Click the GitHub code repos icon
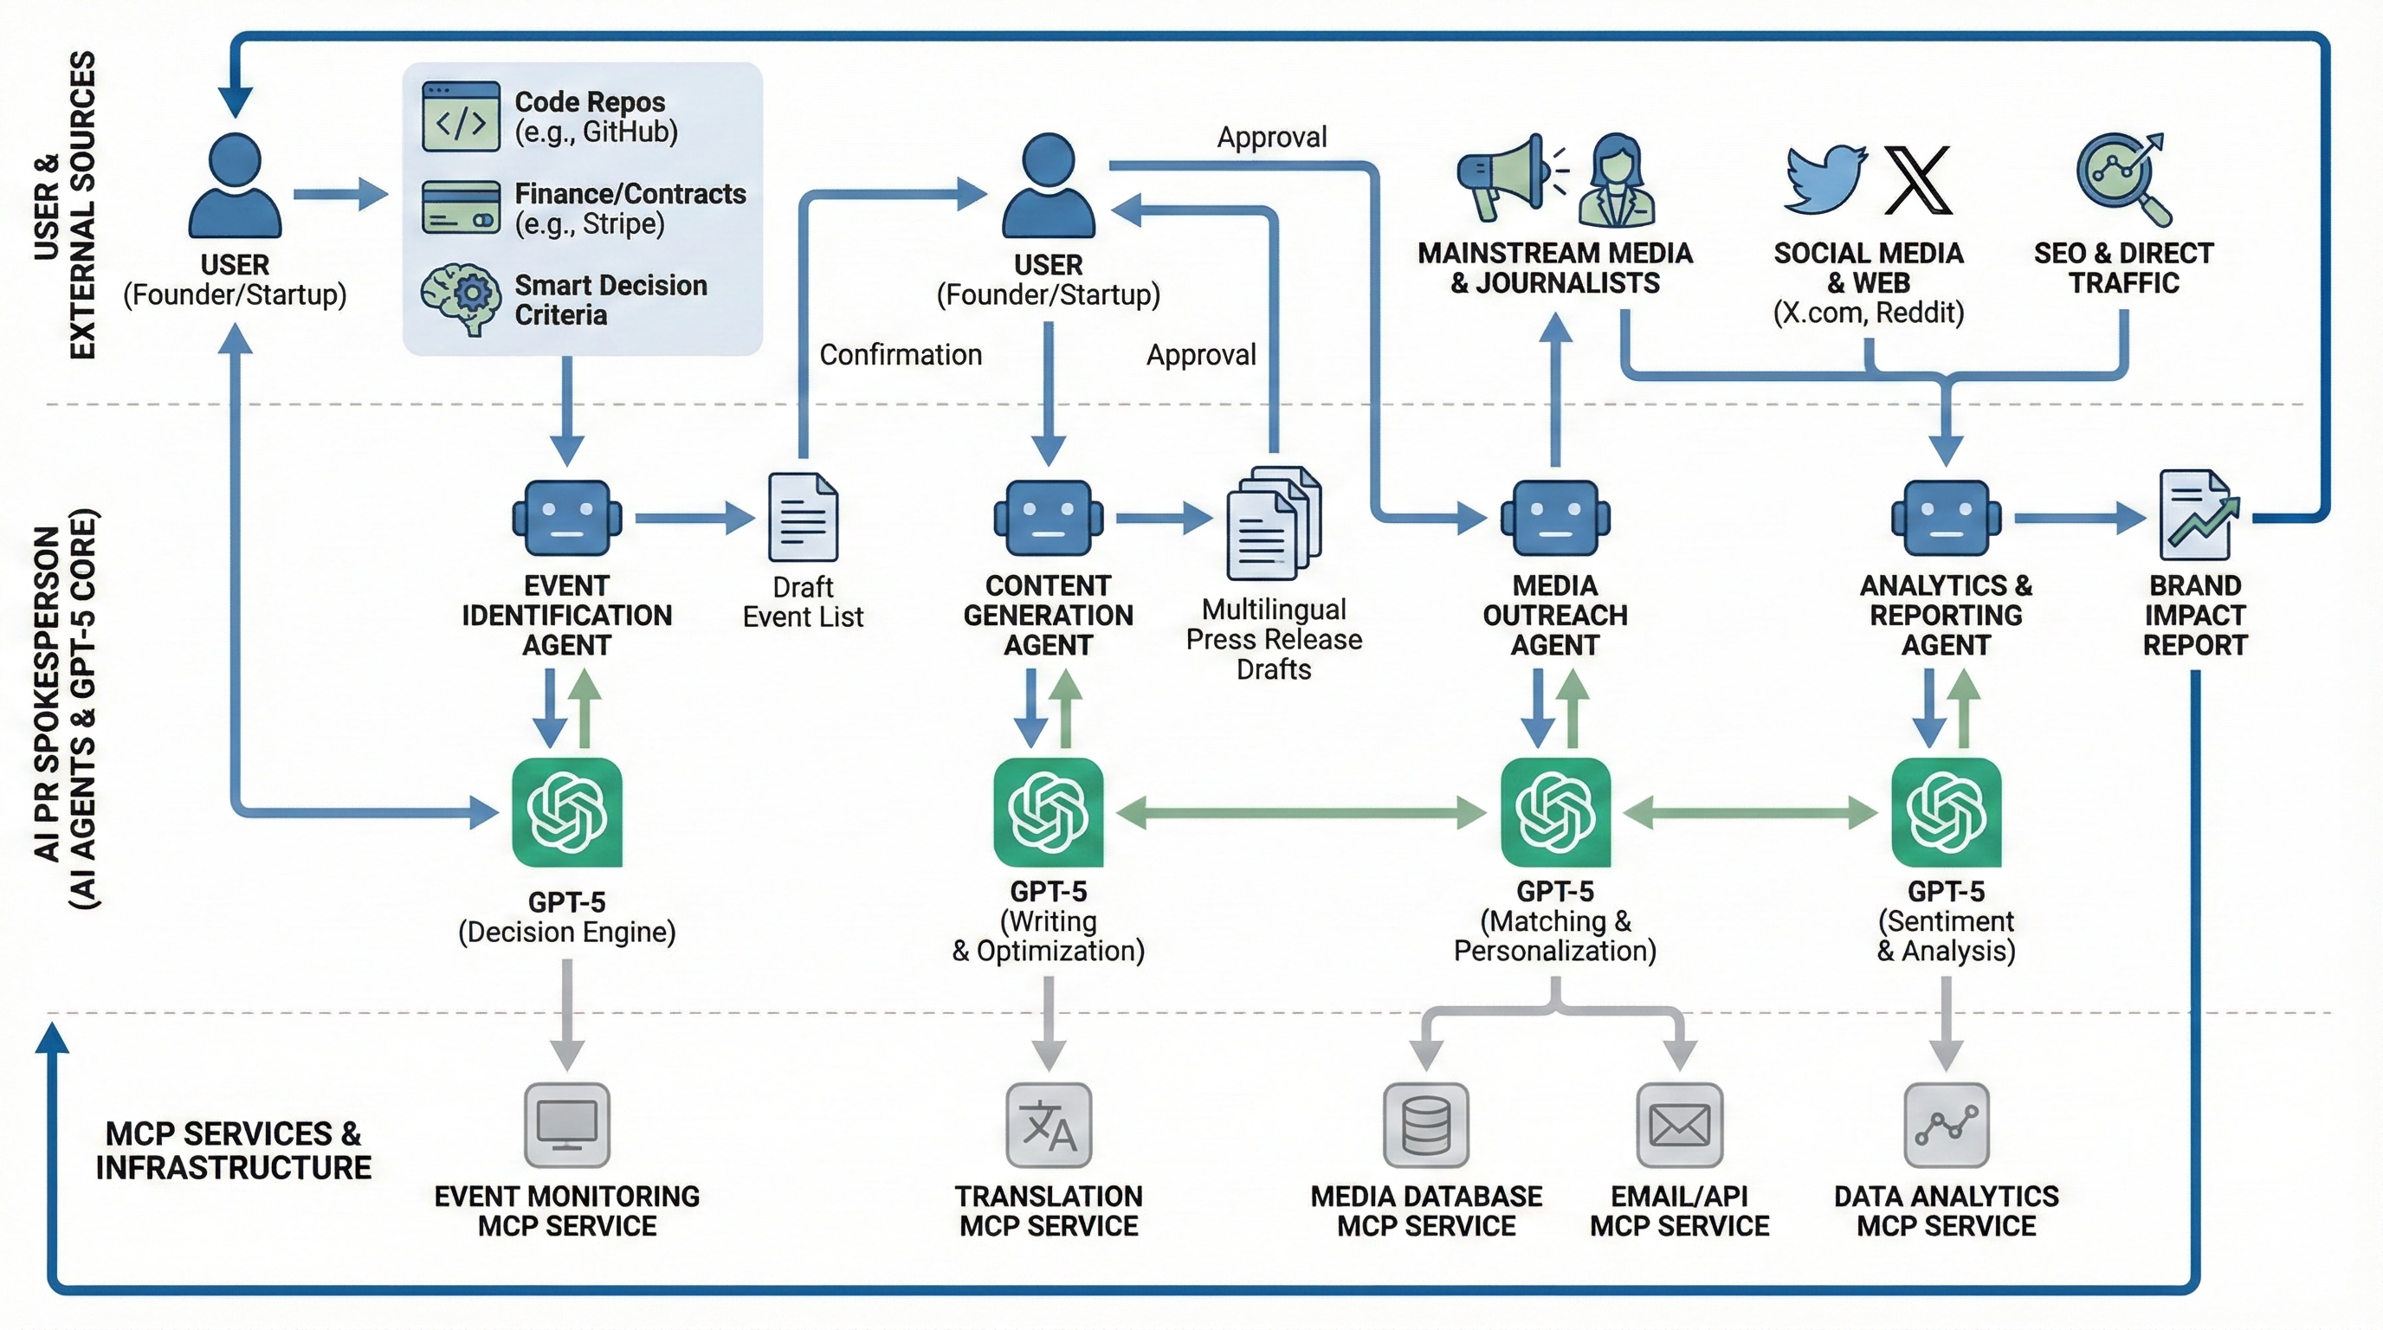click(x=461, y=117)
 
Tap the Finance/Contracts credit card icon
click(x=461, y=207)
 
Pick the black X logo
click(x=1918, y=179)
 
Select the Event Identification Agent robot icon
click(x=567, y=518)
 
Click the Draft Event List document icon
click(x=803, y=518)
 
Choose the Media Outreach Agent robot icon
click(x=1555, y=518)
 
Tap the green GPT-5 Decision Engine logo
click(x=567, y=812)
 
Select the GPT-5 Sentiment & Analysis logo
click(x=1947, y=812)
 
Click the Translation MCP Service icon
click(x=1049, y=1125)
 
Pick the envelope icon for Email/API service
click(x=1679, y=1125)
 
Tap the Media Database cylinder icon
click(x=1425, y=1125)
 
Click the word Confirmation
click(x=900, y=354)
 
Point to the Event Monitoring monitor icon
click(x=567, y=1125)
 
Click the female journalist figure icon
click(x=1615, y=181)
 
